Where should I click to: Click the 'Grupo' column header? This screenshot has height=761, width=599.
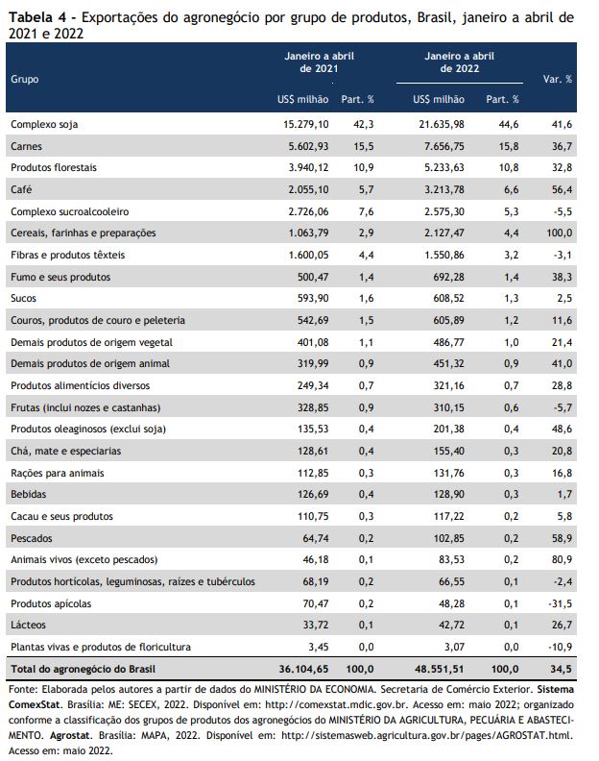[25, 79]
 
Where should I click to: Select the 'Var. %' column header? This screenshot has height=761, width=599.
[558, 79]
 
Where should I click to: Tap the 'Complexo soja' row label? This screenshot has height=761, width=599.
[44, 125]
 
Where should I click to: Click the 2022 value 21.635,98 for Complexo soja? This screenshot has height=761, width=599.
[442, 125]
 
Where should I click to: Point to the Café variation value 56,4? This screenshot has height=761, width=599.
[562, 189]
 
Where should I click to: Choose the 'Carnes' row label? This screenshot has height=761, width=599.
[26, 146]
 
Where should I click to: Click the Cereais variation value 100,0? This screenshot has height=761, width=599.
[560, 233]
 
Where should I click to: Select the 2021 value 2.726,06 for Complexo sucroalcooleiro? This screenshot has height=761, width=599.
[308, 211]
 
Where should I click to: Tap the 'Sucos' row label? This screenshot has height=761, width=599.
[23, 298]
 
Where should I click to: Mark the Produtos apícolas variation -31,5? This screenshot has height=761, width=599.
[561, 603]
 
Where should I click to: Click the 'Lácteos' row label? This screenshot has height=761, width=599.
[28, 626]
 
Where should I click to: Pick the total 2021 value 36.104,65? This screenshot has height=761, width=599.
[303, 670]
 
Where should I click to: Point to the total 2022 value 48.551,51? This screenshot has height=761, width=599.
[440, 670]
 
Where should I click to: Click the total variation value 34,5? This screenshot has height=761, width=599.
[562, 670]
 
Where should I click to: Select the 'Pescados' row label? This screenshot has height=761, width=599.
[31, 538]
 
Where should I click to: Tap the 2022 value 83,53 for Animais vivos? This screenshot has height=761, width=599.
[451, 559]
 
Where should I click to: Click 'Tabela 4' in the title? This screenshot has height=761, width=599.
[37, 18]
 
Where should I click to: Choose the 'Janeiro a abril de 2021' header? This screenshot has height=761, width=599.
[319, 62]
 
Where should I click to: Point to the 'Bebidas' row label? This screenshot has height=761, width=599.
[28, 495]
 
